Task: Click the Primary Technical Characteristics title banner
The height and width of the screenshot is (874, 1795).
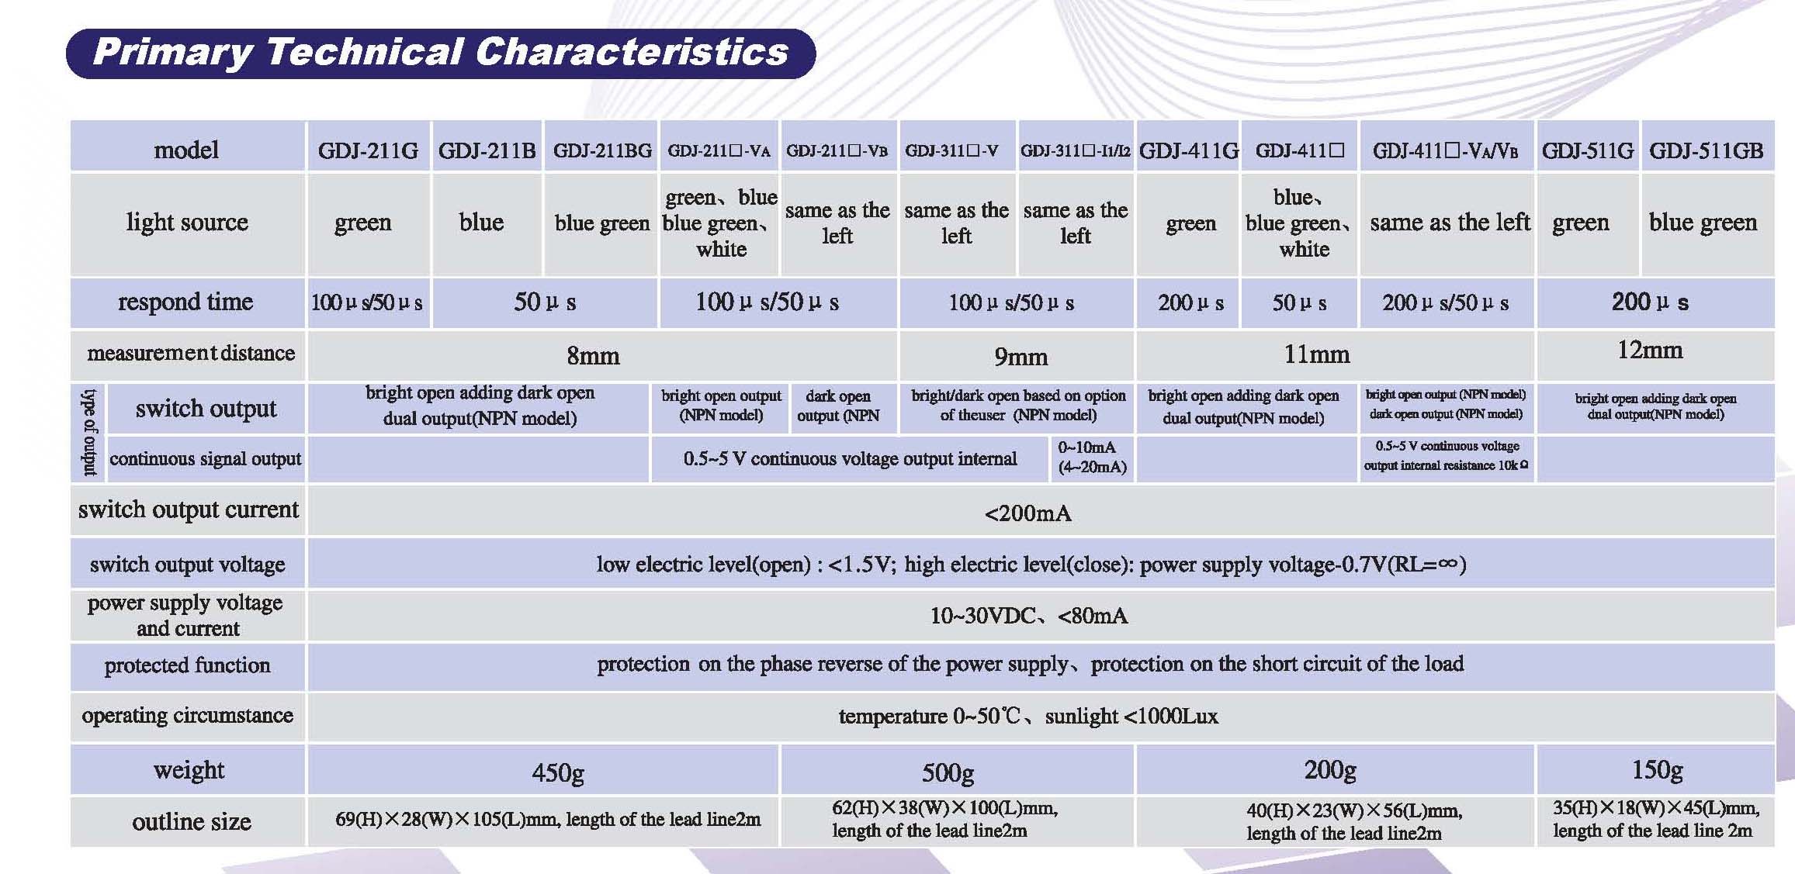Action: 441,53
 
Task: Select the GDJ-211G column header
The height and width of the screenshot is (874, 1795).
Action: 368,150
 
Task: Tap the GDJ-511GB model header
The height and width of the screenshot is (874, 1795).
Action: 1707,150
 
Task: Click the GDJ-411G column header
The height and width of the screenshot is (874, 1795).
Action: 1189,150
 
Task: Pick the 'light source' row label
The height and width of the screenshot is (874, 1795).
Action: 187,223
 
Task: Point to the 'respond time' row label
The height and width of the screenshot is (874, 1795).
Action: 185,302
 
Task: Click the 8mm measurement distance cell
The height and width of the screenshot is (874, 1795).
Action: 594,356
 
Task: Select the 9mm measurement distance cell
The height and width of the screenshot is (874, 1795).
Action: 1021,357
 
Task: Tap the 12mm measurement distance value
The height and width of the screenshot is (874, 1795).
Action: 1650,351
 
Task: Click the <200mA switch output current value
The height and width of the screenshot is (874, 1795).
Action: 1027,513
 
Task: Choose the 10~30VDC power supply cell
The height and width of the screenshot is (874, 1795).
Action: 1029,616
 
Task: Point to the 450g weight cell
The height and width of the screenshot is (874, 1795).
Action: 558,772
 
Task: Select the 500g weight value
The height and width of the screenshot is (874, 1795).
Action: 948,772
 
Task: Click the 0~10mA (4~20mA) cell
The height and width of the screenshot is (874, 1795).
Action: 1092,458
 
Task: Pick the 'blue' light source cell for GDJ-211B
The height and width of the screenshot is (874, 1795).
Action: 481,223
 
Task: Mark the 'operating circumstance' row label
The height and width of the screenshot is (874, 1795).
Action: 187,716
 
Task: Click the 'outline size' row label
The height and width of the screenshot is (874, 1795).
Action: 192,821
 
